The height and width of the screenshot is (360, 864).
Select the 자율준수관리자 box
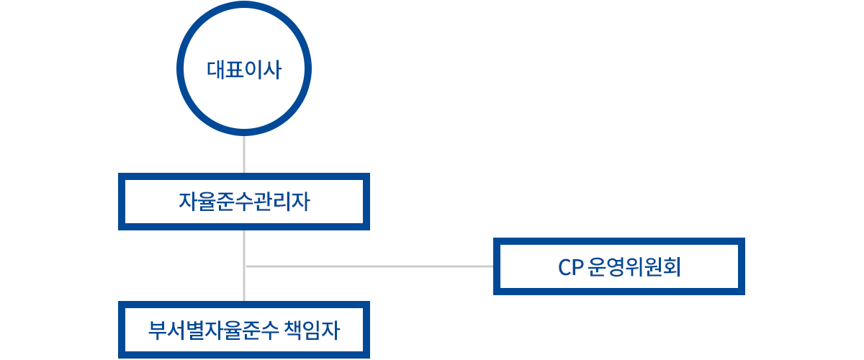point(244,202)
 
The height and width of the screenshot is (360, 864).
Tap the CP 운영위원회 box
point(619,266)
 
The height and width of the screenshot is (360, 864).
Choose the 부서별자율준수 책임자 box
point(244,330)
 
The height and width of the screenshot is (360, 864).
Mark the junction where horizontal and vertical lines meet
point(245,266)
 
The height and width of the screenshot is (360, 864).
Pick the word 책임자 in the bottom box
point(316,330)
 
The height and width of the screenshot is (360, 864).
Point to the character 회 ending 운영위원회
point(672,268)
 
